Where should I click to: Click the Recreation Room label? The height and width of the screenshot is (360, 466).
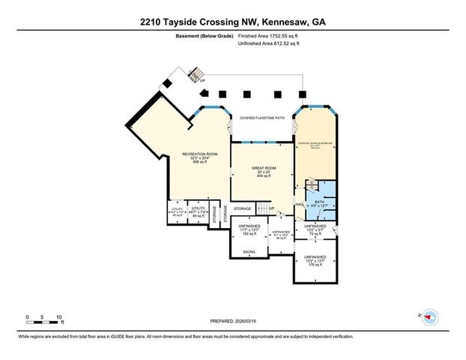pyautogui.click(x=199, y=154)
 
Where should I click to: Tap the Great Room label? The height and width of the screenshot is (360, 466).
pyautogui.click(x=261, y=169)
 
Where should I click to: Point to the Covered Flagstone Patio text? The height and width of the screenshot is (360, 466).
pyautogui.click(x=262, y=118)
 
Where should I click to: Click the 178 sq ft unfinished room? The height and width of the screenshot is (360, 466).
pyautogui.click(x=315, y=260)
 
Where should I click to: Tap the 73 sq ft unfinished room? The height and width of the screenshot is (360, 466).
pyautogui.click(x=315, y=230)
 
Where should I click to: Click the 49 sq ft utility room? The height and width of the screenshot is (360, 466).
pyautogui.click(x=198, y=211)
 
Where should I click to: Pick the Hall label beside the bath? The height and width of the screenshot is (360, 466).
pyautogui.click(x=298, y=204)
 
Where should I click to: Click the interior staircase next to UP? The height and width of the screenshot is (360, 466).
pyautogui.click(x=263, y=208)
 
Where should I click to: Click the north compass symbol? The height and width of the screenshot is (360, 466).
pyautogui.click(x=429, y=316)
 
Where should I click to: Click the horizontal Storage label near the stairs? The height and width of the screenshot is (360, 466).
pyautogui.click(x=242, y=208)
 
